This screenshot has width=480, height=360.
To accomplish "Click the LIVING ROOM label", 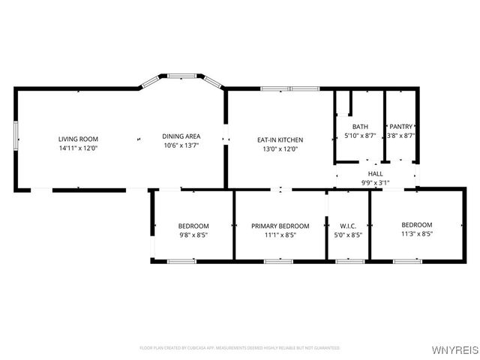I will click(79, 139).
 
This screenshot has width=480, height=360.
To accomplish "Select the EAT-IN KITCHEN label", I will click(280, 139).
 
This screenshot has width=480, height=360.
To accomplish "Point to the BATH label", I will click(360, 127).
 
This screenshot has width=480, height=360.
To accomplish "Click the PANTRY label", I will click(401, 127).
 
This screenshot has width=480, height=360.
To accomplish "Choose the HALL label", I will click(375, 173).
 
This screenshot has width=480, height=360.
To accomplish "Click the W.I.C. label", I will click(348, 226).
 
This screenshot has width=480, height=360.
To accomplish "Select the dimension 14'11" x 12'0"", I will click(79, 148).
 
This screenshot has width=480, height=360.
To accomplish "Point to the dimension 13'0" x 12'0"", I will click(280, 148).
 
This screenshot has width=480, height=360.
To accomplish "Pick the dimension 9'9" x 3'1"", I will click(375, 181).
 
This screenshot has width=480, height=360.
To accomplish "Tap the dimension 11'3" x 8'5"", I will click(417, 234).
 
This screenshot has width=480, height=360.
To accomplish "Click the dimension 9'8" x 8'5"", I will click(193, 235).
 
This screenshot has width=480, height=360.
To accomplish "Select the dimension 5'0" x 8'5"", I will click(348, 235).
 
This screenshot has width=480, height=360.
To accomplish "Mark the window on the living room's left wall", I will click(16, 139).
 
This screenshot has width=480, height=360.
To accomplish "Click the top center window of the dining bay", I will click(181, 75).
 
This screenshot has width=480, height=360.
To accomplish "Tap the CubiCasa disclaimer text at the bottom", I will click(240, 348).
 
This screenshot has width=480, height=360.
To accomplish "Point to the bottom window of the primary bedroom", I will click(279, 261).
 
